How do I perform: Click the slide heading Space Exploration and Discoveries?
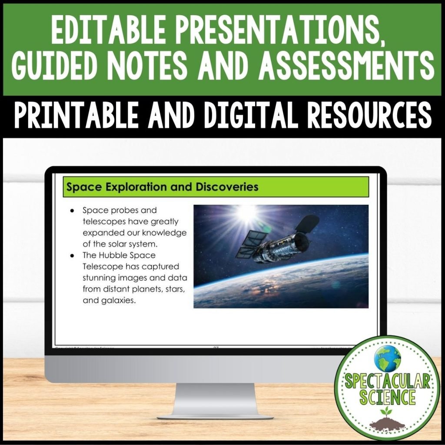tap(162, 187)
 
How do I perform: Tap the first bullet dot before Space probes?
tap(72, 210)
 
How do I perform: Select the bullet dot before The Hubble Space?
tap(72, 255)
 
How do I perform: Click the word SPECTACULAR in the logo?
tap(388, 382)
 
